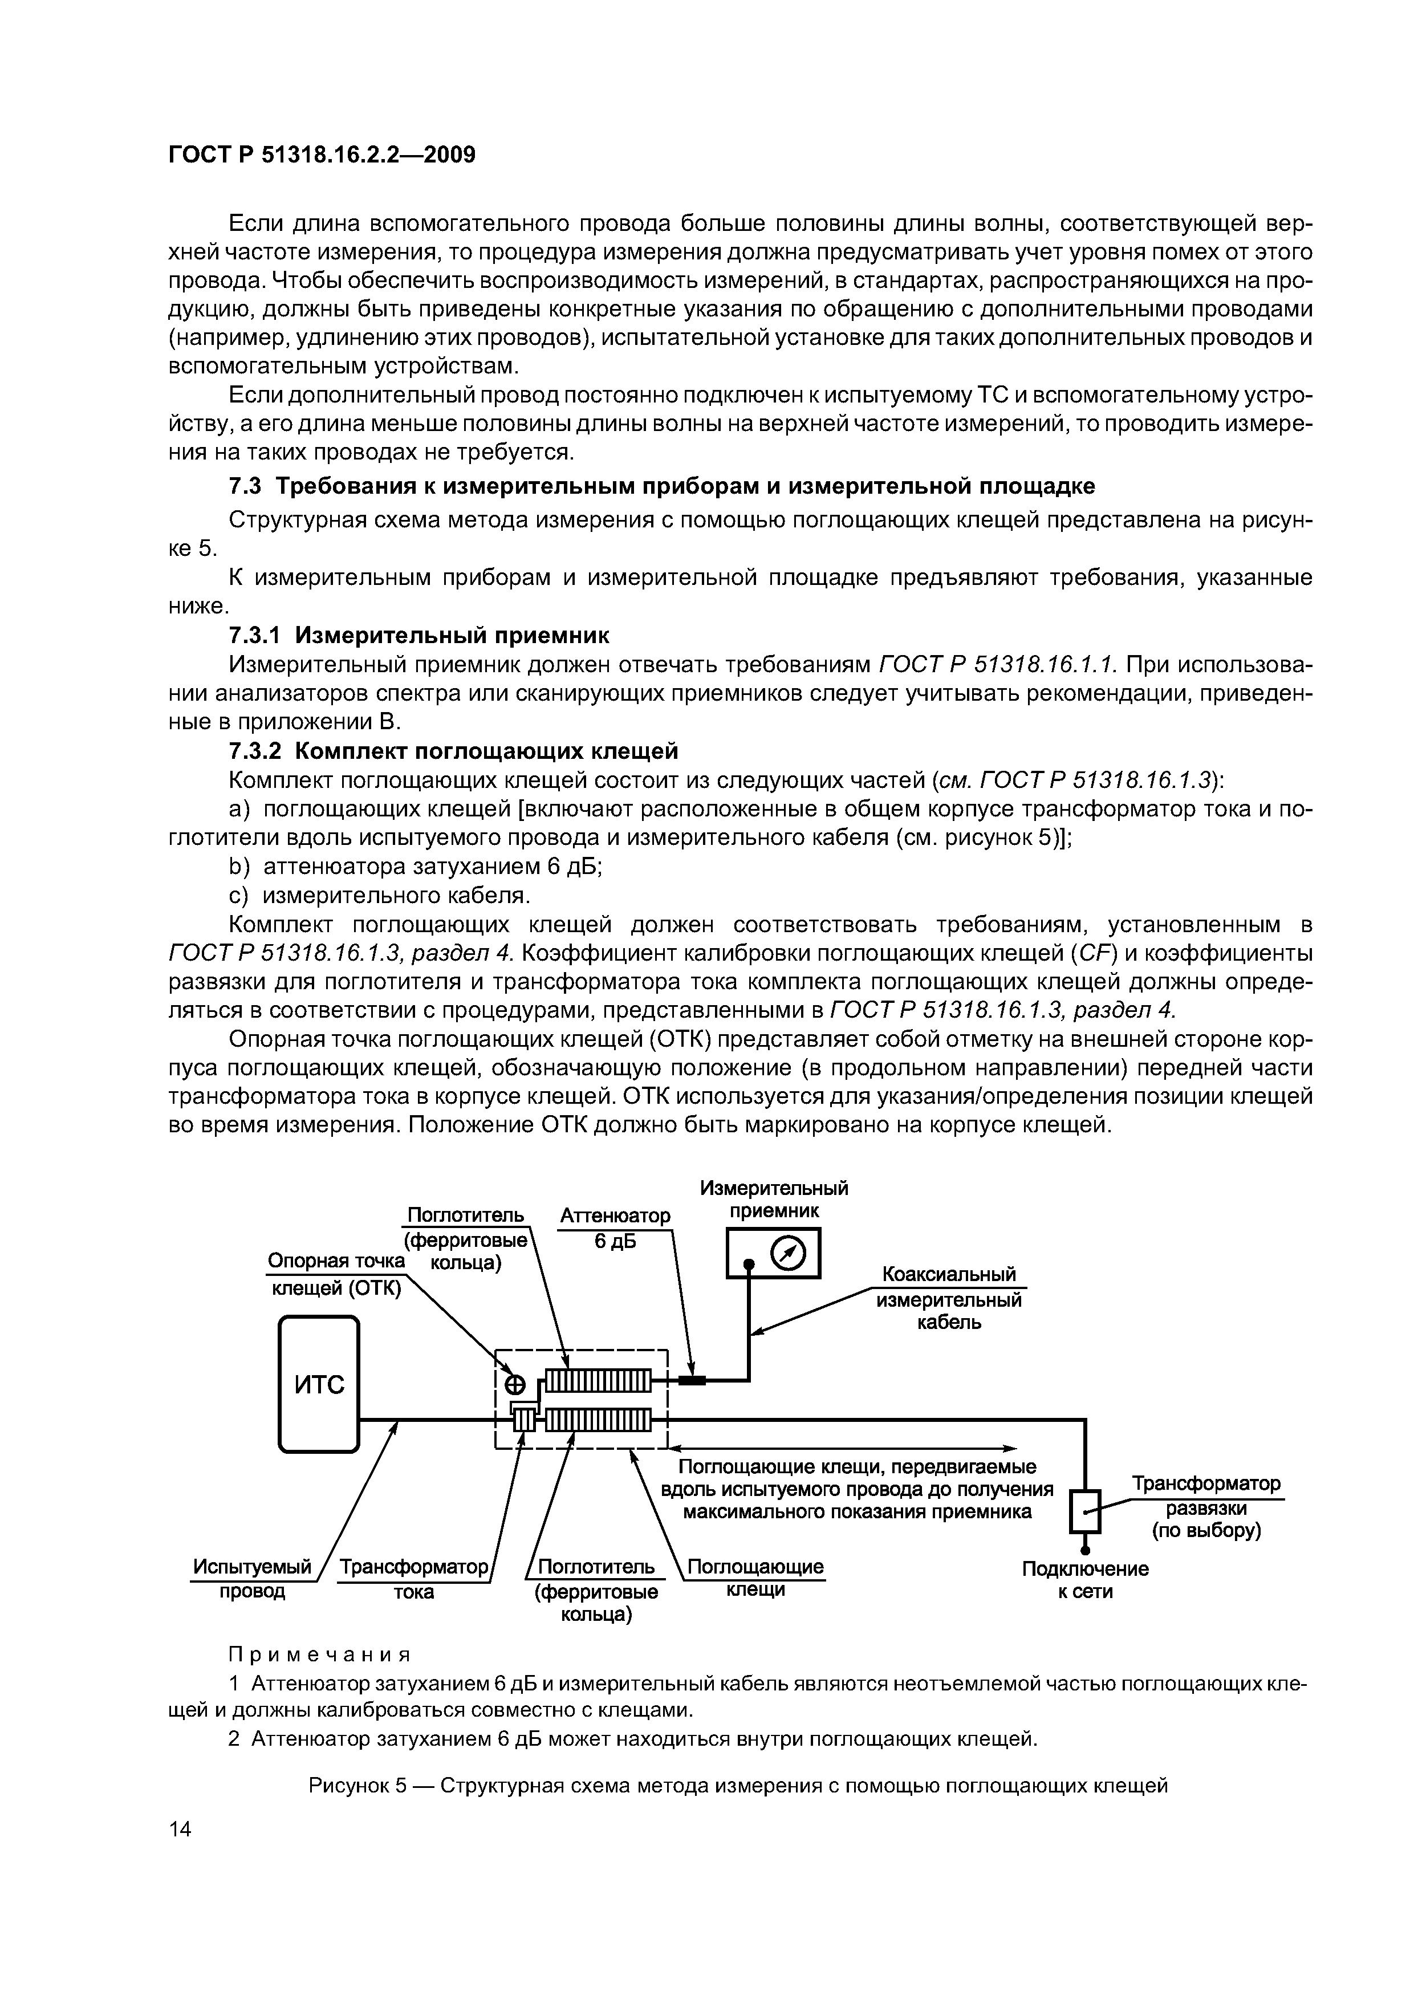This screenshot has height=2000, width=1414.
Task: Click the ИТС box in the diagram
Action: click(319, 1384)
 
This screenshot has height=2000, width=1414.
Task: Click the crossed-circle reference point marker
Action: click(516, 1384)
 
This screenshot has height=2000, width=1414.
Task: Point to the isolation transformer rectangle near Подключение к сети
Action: click(1084, 1511)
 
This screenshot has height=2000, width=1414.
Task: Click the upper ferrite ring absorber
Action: click(598, 1381)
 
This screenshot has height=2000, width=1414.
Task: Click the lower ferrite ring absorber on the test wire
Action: click(598, 1421)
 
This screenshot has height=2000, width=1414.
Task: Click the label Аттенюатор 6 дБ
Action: click(615, 1228)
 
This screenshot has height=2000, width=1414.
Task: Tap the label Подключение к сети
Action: click(1084, 1580)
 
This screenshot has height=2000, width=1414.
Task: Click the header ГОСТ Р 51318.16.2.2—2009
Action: click(322, 156)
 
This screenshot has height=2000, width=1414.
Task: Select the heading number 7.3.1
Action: click(256, 635)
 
